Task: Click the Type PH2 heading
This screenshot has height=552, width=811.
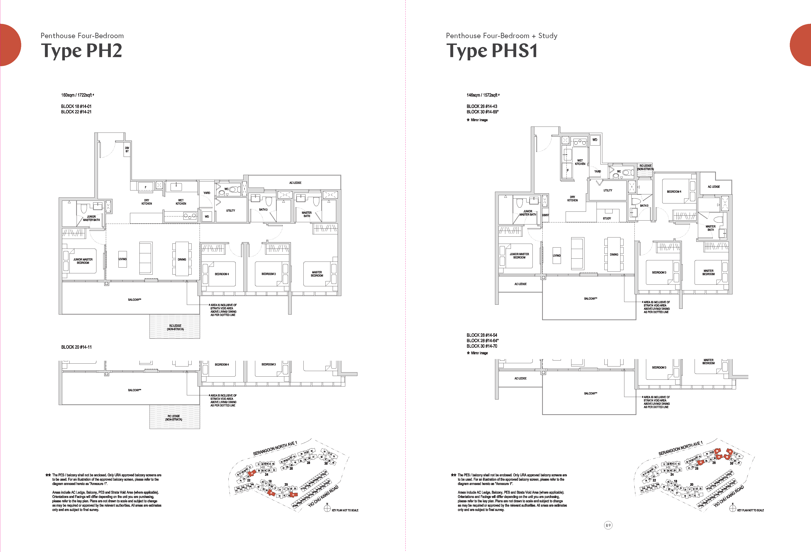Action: (82, 51)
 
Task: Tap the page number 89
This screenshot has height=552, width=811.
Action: (608, 525)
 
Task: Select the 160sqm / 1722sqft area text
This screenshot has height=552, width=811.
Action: (77, 95)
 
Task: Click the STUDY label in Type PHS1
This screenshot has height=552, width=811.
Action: (607, 218)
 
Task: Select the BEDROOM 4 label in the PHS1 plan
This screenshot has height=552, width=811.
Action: (674, 191)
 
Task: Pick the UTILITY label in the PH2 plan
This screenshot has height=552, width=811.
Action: (230, 210)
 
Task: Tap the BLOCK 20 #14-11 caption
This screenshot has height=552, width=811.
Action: (76, 347)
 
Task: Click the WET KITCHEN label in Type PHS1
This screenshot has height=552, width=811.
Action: (580, 162)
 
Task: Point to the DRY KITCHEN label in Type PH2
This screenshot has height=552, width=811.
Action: (147, 202)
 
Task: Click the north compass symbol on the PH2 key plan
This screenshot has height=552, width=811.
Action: (327, 508)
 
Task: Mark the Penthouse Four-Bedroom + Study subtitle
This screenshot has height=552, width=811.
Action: (501, 36)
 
